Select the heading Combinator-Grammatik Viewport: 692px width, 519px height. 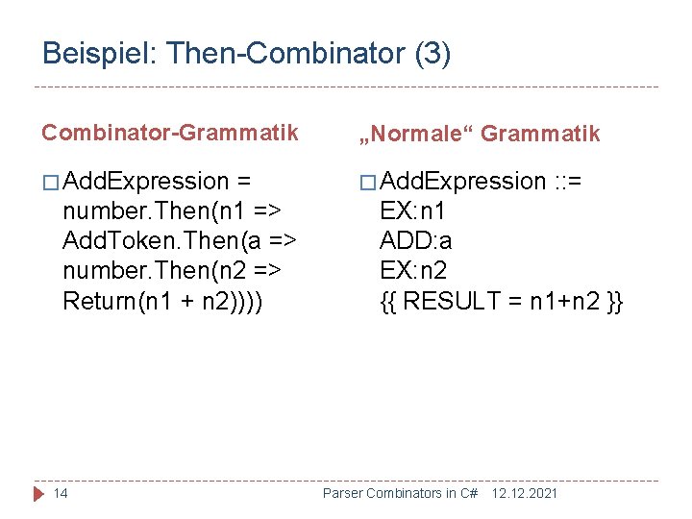coord(170,133)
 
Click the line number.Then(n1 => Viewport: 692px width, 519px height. coord(171,211)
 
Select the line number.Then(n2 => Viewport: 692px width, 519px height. coord(171,271)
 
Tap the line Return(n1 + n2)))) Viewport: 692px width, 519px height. coord(162,301)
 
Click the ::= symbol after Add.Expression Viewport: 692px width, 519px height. coord(574,182)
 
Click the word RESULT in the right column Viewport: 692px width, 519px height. coord(457,301)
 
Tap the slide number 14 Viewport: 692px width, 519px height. coord(61,493)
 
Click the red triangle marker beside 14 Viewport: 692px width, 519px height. coord(39,493)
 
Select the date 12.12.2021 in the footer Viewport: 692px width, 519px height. coord(524,493)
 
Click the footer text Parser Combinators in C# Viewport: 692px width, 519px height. coord(400,493)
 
